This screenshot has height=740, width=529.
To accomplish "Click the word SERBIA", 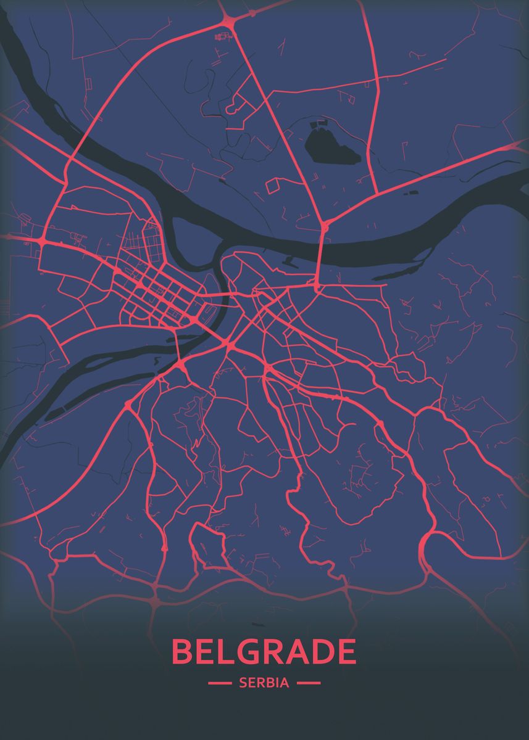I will [x=264, y=683].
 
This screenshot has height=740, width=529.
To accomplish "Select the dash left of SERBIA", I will [x=220, y=683].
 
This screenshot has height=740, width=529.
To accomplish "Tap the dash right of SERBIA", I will [x=309, y=683].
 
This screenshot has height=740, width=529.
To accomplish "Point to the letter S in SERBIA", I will [x=243, y=683].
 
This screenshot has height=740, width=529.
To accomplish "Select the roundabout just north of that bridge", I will [x=325, y=226].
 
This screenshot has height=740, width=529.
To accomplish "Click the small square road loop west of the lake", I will [x=273, y=185].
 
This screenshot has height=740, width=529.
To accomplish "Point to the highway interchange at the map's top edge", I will [x=226, y=21].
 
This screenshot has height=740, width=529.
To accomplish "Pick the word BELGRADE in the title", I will [x=264, y=652].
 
